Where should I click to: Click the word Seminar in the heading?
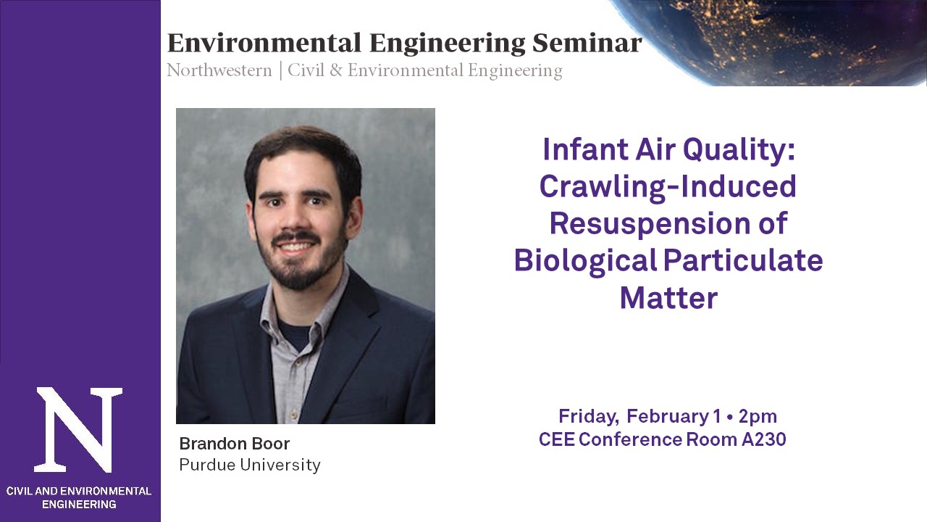tap(587, 43)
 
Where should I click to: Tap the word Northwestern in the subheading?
tap(219, 70)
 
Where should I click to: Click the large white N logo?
tap(79, 430)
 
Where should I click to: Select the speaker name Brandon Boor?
tap(234, 444)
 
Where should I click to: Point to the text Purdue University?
tap(250, 465)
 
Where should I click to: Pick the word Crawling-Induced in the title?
tap(668, 186)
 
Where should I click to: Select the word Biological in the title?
tap(585, 260)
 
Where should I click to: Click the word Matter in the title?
tap(668, 298)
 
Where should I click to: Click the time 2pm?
tap(758, 416)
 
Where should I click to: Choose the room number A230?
tap(763, 439)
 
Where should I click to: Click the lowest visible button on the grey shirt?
tap(293, 414)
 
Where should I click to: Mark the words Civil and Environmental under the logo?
tap(79, 492)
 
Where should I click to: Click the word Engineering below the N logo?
tap(79, 505)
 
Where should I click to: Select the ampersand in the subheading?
tap(336, 70)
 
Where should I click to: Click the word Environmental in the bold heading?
tap(264, 43)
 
